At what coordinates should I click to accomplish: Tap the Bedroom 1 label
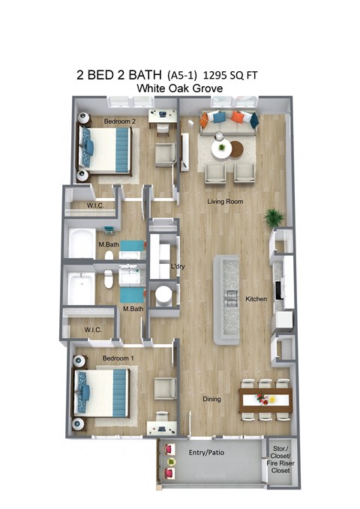(118, 358)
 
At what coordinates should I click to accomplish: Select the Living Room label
(226, 202)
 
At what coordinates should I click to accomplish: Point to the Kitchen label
(256, 299)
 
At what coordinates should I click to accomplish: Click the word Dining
(212, 399)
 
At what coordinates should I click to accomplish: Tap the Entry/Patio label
(207, 453)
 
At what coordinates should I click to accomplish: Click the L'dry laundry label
(178, 267)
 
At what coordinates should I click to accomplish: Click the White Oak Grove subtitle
(180, 88)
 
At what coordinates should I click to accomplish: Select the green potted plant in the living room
(274, 217)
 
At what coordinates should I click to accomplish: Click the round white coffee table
(222, 148)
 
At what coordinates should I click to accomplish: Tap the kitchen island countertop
(226, 299)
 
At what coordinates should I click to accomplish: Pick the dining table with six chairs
(264, 400)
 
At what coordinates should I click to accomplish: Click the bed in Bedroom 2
(106, 148)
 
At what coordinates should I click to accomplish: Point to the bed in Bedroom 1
(103, 393)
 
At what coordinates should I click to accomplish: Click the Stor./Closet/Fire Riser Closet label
(280, 460)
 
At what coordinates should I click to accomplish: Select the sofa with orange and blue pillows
(229, 120)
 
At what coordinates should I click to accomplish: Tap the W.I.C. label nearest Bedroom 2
(94, 206)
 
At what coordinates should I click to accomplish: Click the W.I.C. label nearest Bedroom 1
(93, 329)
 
